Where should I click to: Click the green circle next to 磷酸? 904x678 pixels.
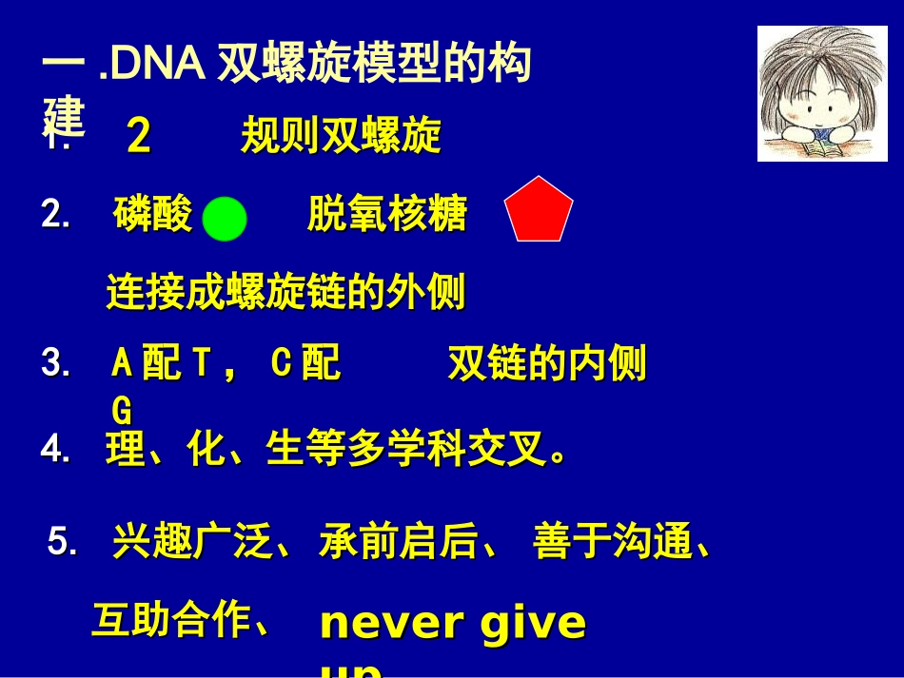pos(226,219)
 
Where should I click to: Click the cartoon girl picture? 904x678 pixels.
pos(822,93)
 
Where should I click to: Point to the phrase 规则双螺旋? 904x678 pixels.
pos(341,137)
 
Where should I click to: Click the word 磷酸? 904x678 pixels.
pos(152,215)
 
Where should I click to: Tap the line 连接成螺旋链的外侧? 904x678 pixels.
pos(285,293)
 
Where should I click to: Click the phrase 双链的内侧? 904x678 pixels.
pos(547,364)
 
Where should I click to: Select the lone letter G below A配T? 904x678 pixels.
pos(122,411)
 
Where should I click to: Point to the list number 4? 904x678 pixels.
pos(55,451)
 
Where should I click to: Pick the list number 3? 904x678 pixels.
pos(55,364)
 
